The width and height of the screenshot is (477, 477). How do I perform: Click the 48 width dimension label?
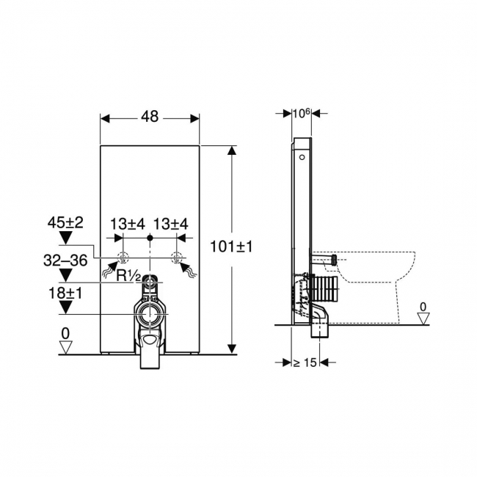(x=150, y=117)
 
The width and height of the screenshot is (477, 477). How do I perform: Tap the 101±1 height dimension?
(x=231, y=247)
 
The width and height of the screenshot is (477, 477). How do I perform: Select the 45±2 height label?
(x=65, y=223)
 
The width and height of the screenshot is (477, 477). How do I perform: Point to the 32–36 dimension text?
(x=65, y=261)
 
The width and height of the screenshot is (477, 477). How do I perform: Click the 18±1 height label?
(x=65, y=294)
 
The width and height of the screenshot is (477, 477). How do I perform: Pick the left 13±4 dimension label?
(x=128, y=225)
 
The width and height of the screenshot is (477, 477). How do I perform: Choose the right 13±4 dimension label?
(x=171, y=225)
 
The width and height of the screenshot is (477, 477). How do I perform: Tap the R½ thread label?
(x=128, y=276)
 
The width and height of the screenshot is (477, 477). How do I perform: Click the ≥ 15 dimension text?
(x=305, y=363)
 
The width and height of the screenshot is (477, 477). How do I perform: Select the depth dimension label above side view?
(x=301, y=113)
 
